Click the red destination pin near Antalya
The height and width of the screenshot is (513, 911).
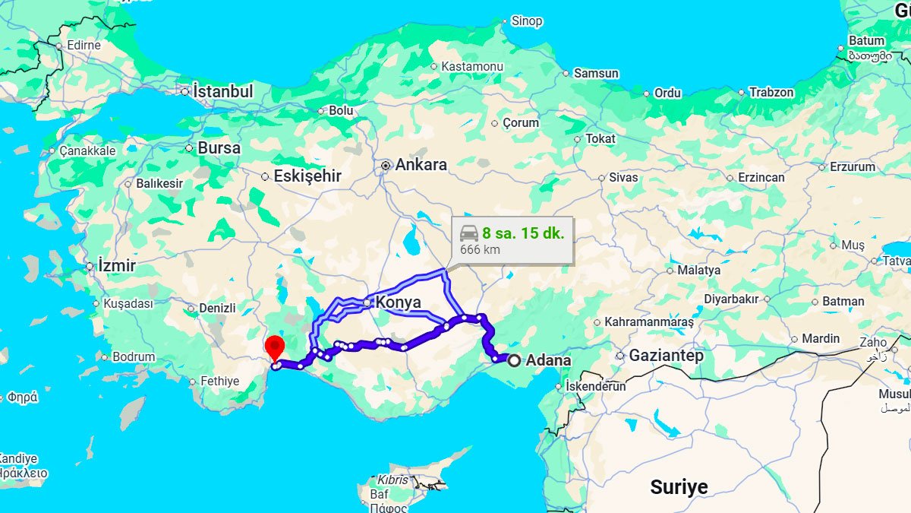pyautogui.click(x=274, y=347)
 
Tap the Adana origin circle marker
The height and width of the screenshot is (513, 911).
pyautogui.click(x=515, y=360)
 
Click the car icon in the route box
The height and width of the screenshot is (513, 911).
pyautogui.click(x=469, y=233)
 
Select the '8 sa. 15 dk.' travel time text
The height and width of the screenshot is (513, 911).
pyautogui.click(x=523, y=233)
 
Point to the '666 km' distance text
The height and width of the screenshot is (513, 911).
pyautogui.click(x=480, y=249)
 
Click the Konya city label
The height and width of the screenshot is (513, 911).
pyautogui.click(x=398, y=302)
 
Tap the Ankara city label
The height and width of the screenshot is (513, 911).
pyautogui.click(x=421, y=165)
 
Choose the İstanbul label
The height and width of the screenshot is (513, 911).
pyautogui.click(x=222, y=91)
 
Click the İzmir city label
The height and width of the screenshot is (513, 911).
pyautogui.click(x=116, y=266)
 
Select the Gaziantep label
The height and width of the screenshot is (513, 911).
pyautogui.click(x=666, y=356)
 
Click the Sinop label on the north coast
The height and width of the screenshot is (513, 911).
pyautogui.click(x=527, y=21)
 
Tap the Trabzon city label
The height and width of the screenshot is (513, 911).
pyautogui.click(x=771, y=93)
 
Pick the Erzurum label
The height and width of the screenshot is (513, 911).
pyautogui.click(x=852, y=166)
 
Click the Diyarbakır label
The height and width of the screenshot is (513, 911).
pyautogui.click(x=732, y=299)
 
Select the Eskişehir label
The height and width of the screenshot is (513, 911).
pyautogui.click(x=307, y=176)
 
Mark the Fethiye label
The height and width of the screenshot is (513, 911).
pyautogui.click(x=219, y=381)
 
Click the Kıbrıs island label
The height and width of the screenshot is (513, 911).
pyautogui.click(x=392, y=480)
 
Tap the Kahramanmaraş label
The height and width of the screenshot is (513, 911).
pyautogui.click(x=649, y=322)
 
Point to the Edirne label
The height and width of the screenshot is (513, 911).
pyautogui.click(x=84, y=45)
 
